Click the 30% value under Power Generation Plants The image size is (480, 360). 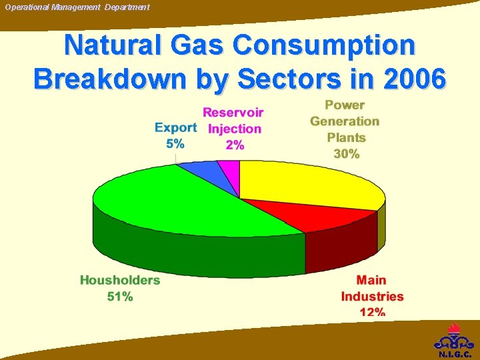click(x=346, y=154)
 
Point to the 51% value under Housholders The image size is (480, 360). click(x=120, y=297)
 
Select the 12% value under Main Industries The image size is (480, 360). click(x=372, y=312)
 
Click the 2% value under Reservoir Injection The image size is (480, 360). click(x=235, y=145)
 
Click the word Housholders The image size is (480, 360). click(x=120, y=280)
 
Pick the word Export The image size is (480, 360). click(x=175, y=127)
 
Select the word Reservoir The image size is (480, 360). click(x=233, y=112)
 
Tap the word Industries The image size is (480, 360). click(x=372, y=296)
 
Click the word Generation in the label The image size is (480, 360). click(x=345, y=121)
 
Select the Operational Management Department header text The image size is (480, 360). click(x=77, y=7)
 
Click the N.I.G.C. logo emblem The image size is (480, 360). click(x=455, y=340)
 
